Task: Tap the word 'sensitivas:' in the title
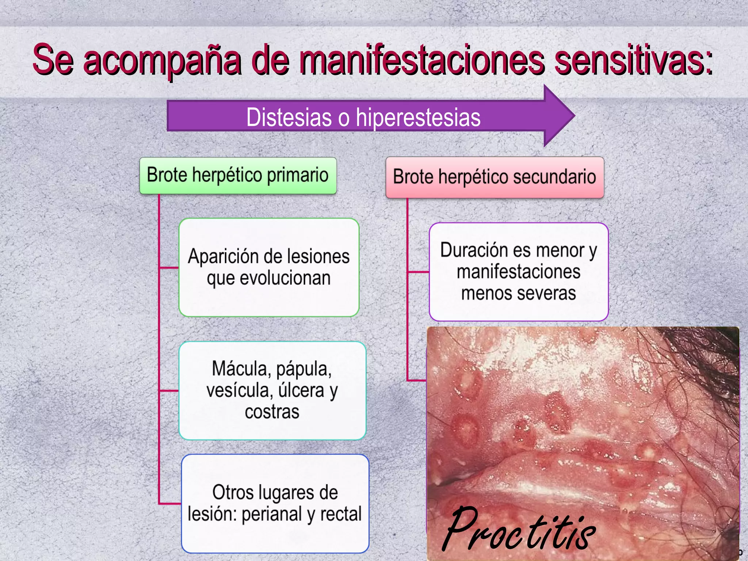click(x=634, y=60)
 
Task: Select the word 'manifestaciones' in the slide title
click(x=422, y=60)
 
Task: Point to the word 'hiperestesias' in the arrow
click(x=418, y=117)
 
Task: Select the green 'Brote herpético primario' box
click(x=238, y=175)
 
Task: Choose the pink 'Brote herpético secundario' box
click(x=495, y=177)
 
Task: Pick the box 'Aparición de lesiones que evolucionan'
click(x=269, y=267)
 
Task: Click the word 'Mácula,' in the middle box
click(x=241, y=369)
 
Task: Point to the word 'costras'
click(x=272, y=412)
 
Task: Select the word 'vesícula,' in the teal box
click(x=239, y=390)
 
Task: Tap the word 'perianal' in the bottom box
click(x=272, y=514)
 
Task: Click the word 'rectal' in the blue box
click(x=341, y=514)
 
